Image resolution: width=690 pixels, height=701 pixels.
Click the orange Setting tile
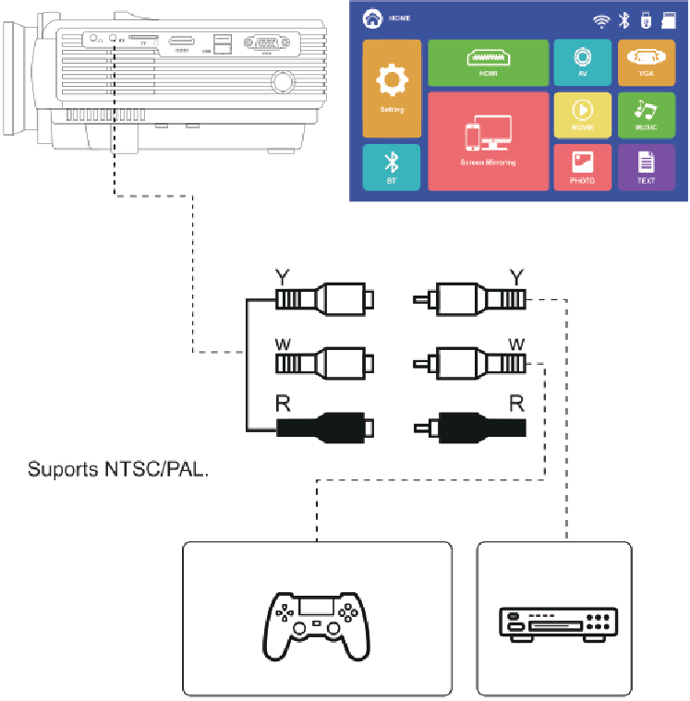click(x=391, y=88)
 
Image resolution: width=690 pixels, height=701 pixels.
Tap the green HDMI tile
click(x=488, y=63)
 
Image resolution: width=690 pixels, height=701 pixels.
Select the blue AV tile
click(x=582, y=63)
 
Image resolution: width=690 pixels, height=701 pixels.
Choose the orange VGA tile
click(x=647, y=63)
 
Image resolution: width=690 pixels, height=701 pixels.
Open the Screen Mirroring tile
click(x=488, y=140)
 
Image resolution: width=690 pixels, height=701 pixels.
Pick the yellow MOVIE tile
click(x=582, y=115)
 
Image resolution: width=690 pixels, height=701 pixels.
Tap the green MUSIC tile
click(x=647, y=115)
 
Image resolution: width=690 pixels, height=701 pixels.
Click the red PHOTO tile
click(x=582, y=167)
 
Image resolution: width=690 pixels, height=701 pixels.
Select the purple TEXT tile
click(x=647, y=167)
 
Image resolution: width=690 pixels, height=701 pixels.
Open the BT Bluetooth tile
click(x=391, y=167)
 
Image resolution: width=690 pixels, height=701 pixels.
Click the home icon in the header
click(x=372, y=18)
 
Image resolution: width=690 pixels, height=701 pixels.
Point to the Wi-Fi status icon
click(x=601, y=19)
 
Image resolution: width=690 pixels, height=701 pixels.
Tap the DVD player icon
click(x=554, y=623)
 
